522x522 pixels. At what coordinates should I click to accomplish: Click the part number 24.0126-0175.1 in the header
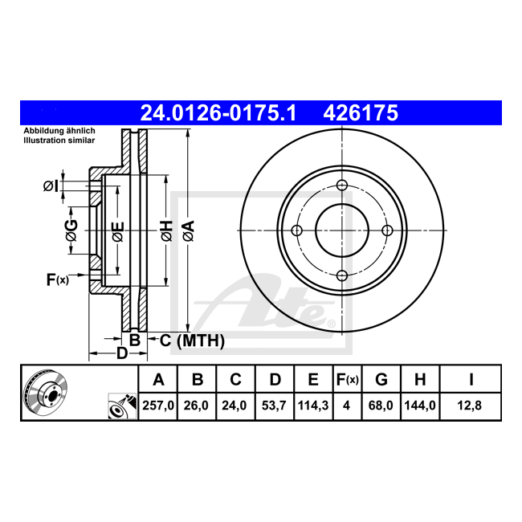[218, 113]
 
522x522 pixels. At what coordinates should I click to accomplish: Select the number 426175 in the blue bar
[361, 113]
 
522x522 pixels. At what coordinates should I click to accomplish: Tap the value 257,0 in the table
[158, 406]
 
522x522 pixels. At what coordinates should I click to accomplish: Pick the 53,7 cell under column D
[274, 406]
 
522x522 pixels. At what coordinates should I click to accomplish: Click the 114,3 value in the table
[313, 406]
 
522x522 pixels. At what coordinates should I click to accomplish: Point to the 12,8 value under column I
[470, 406]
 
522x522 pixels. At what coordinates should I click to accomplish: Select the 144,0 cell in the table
[420, 406]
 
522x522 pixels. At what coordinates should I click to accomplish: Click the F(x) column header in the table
[347, 380]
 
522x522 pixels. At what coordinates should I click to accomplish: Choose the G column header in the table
[381, 380]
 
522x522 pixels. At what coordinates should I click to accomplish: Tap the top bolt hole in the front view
[342, 185]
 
